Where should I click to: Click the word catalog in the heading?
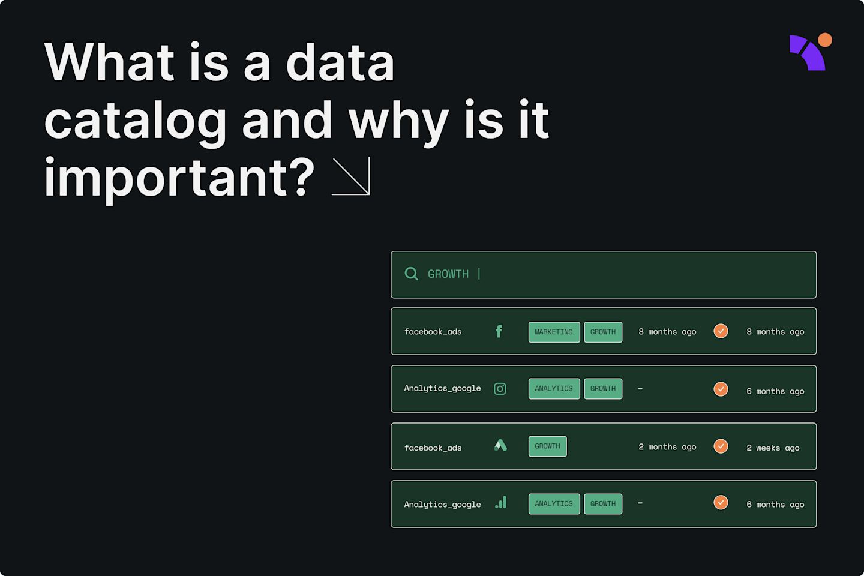[x=135, y=122]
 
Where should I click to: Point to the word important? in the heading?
[x=179, y=178]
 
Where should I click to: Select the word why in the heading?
[x=398, y=122]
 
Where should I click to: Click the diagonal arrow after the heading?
[x=352, y=176]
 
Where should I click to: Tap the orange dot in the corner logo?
[x=825, y=40]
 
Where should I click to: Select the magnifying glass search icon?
[x=411, y=274]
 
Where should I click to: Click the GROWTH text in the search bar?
[x=448, y=274]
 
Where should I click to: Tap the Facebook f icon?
[x=499, y=331]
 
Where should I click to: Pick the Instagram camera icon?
[x=500, y=389]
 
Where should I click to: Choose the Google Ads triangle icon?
[x=500, y=445]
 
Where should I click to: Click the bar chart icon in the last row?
[x=501, y=503]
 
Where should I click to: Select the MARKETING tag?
[x=554, y=332]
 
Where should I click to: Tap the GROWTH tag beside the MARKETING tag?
[x=603, y=332]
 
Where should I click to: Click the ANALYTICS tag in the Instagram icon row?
[x=554, y=389]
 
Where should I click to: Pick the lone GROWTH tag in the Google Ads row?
[x=547, y=446]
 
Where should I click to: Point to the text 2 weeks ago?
[x=773, y=448]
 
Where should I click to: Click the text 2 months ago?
[x=667, y=447]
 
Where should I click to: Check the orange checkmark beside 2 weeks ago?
[x=721, y=446]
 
